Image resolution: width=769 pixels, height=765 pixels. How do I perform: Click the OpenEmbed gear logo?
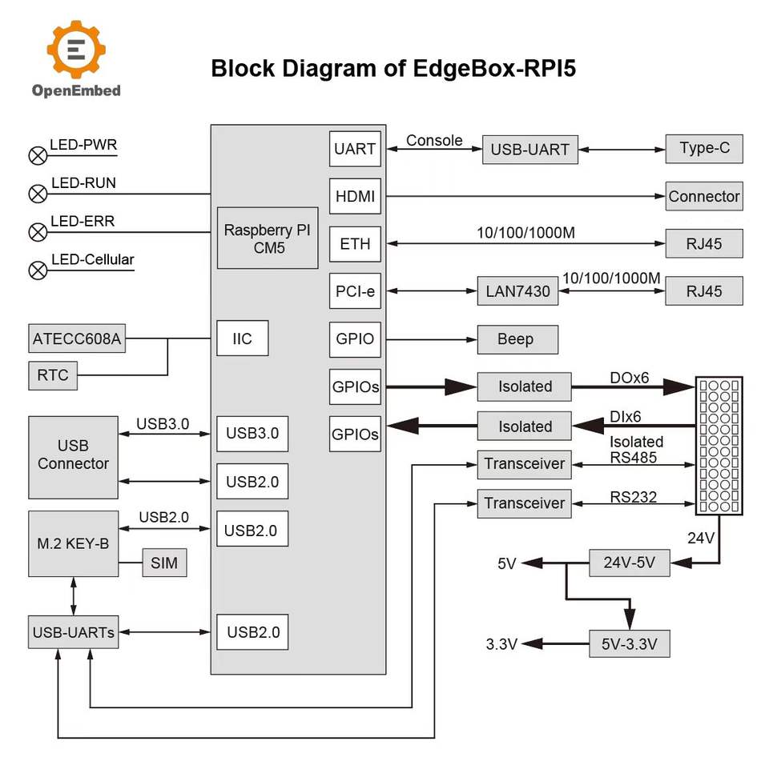point(76,50)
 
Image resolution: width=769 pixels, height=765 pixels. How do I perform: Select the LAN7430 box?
point(517,291)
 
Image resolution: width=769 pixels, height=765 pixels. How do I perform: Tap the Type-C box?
point(704,148)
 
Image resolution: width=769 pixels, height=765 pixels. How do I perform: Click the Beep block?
point(517,339)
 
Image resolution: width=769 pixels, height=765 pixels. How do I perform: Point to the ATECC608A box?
point(77,338)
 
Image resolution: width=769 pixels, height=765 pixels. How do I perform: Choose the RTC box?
point(53,374)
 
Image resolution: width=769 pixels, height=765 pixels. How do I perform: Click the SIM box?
point(164,563)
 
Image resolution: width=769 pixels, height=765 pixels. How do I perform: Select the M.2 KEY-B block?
point(73,544)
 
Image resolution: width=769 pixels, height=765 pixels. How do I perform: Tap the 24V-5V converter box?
point(629,563)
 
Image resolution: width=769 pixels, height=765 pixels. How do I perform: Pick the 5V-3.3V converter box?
point(629,643)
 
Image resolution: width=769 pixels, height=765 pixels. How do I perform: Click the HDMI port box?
point(355,196)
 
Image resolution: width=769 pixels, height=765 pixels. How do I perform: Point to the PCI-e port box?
point(355,291)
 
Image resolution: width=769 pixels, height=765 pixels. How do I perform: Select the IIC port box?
point(242,338)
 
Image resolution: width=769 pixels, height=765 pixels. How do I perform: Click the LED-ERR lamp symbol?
point(38,232)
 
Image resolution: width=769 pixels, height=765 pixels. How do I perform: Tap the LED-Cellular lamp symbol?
point(38,270)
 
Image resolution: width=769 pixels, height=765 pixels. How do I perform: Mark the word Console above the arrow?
point(434,141)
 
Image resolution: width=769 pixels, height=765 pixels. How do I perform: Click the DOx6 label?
point(630,377)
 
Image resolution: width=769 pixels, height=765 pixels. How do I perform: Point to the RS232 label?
point(633,497)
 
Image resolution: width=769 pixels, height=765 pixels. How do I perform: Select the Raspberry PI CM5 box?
point(266,238)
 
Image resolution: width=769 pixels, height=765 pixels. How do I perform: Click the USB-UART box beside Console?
point(529,149)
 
